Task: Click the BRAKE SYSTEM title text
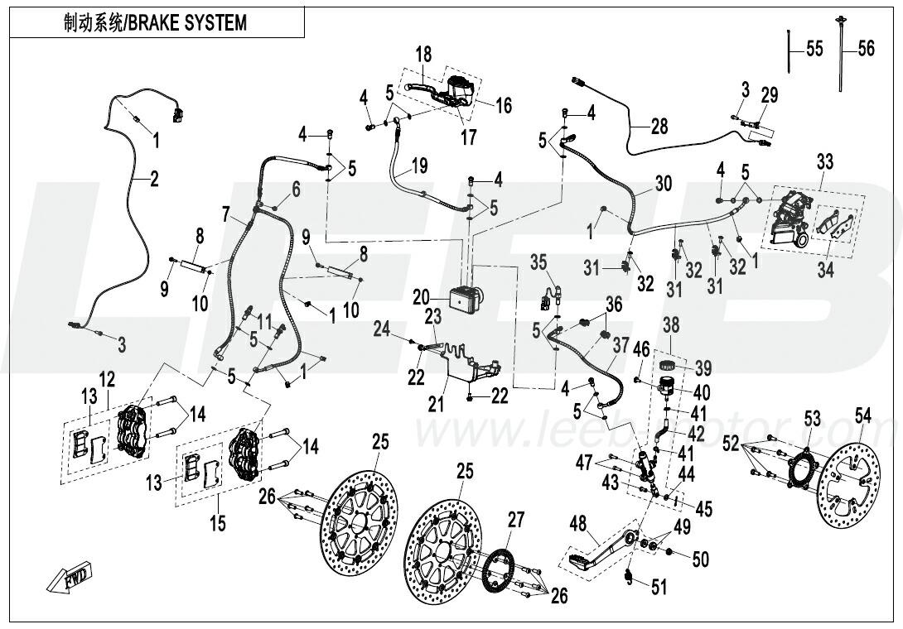(155, 22)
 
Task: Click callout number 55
(814, 50)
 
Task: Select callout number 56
(865, 50)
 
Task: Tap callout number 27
(516, 521)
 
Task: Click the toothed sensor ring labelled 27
(496, 571)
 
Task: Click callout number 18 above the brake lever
(423, 55)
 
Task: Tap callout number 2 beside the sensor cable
(153, 177)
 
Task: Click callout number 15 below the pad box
(218, 523)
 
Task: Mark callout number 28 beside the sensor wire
(659, 127)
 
